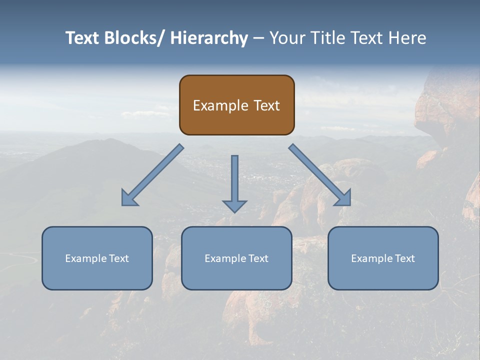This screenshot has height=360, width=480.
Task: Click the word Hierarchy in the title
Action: (x=209, y=38)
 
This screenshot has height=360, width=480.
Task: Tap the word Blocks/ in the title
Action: (x=133, y=38)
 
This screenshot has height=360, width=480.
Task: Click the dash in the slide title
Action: (x=258, y=38)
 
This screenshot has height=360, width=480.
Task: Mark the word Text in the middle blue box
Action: (x=258, y=258)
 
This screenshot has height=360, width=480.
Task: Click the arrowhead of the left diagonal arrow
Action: (x=129, y=198)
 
